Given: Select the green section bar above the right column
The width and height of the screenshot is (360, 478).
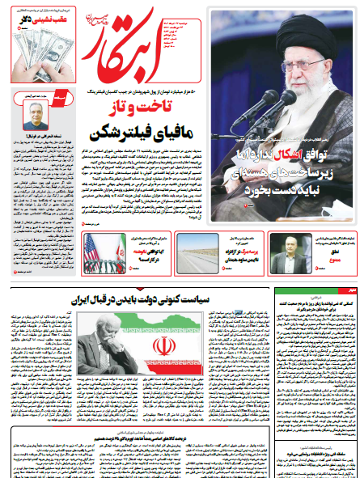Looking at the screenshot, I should click(x=311, y=290).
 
